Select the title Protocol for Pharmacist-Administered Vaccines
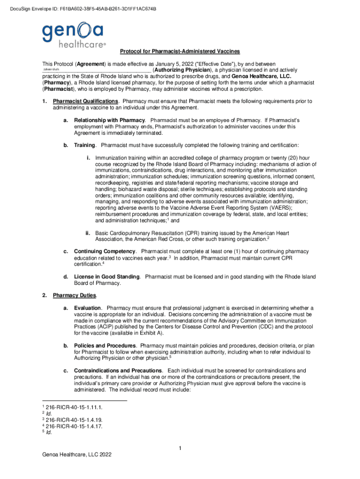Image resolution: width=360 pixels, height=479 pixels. (180, 51)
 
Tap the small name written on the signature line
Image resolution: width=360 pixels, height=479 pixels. (51, 70)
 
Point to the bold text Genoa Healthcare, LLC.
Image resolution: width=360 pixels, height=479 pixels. (261, 76)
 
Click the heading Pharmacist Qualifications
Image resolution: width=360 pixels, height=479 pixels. (86, 101)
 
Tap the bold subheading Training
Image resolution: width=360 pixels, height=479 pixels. (85, 145)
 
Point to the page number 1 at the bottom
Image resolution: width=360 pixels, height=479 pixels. (180, 450)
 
